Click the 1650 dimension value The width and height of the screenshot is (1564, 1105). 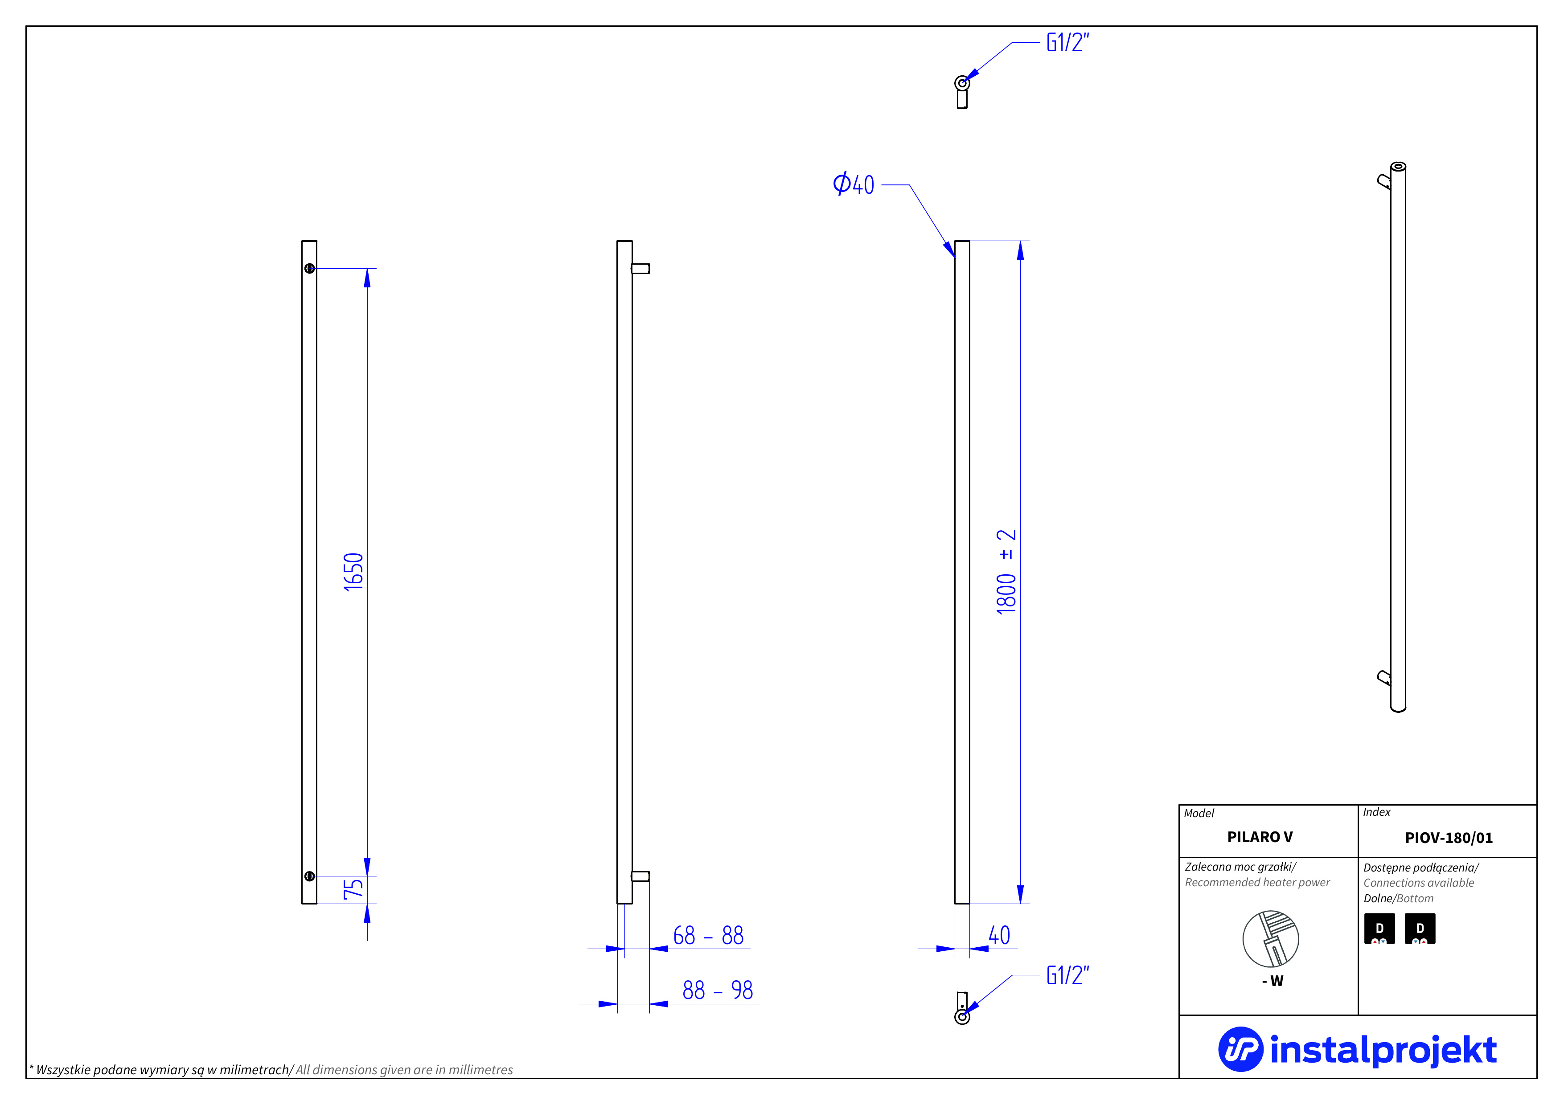353,572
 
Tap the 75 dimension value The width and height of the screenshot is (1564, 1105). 353,888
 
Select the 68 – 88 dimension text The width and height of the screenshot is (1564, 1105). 708,936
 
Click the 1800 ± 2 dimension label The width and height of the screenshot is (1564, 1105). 1006,572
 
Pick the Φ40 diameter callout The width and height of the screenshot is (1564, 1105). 854,184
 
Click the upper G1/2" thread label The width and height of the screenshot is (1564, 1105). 1067,43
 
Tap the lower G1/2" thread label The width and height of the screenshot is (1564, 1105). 1067,976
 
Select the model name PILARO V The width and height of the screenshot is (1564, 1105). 1260,837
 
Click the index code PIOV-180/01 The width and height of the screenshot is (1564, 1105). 1448,837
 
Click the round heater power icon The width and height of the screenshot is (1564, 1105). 1270,939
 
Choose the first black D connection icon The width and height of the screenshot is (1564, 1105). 1379,929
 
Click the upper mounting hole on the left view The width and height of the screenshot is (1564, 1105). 309,268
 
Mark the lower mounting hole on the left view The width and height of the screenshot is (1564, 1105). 309,876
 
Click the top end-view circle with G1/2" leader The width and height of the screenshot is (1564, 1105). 962,83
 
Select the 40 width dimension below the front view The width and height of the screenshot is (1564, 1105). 999,936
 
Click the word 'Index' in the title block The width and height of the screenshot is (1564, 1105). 1377,812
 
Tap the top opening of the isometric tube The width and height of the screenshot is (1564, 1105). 1398,166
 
